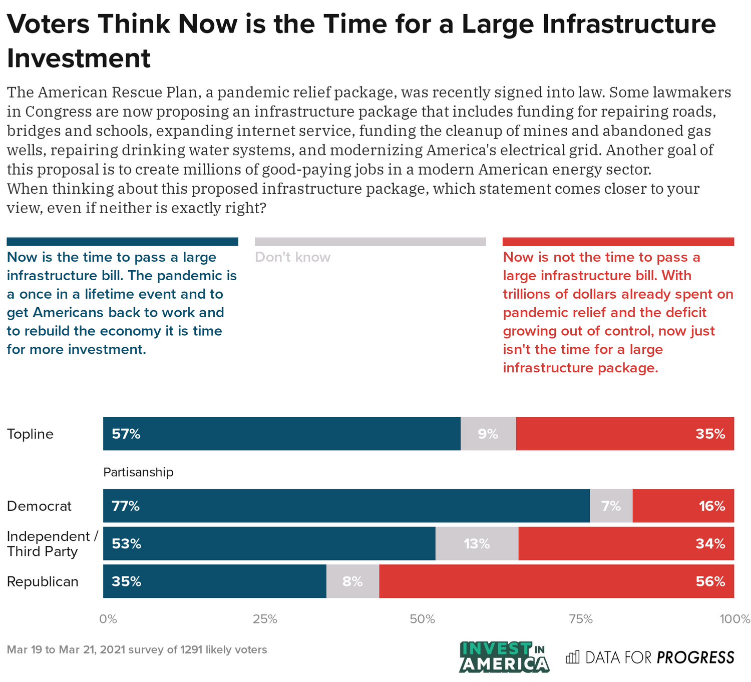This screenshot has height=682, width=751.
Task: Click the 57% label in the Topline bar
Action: (x=126, y=434)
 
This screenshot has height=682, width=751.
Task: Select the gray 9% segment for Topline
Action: (x=488, y=434)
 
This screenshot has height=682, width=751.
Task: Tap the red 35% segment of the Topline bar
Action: (x=625, y=434)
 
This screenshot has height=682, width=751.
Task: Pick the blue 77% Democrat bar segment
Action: (x=346, y=506)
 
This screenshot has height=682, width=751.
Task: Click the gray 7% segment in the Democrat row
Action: (x=611, y=506)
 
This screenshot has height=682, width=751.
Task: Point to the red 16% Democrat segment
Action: (x=683, y=506)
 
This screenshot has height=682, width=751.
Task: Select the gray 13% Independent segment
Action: (x=477, y=543)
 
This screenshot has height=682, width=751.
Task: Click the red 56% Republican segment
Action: (x=557, y=581)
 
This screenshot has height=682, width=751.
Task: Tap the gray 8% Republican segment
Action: (x=352, y=581)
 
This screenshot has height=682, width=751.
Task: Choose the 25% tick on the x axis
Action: (x=265, y=619)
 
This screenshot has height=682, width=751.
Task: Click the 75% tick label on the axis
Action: (x=581, y=619)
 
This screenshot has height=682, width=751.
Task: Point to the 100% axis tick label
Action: (x=734, y=619)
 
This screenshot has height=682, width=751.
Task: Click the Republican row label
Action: (x=43, y=582)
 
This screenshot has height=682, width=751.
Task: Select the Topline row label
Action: (x=30, y=434)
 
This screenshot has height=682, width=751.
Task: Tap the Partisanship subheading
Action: (x=138, y=472)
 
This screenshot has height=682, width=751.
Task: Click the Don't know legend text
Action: (x=293, y=257)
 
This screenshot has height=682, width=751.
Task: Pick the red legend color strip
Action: (x=618, y=242)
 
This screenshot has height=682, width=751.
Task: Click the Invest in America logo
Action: (x=504, y=656)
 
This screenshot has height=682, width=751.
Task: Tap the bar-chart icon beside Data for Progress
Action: (x=572, y=656)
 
